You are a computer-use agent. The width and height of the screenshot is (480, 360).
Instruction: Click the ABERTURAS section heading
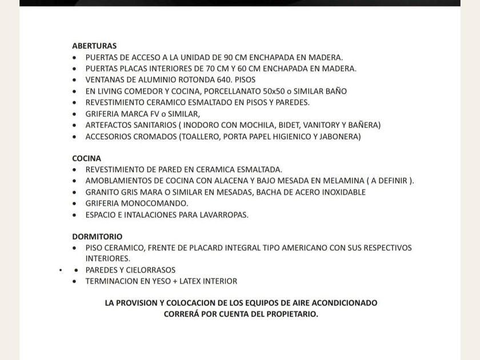tap(94, 46)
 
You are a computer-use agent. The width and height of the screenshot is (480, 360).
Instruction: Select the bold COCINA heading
tap(86, 158)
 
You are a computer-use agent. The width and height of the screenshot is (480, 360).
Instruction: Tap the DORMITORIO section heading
tap(97, 237)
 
